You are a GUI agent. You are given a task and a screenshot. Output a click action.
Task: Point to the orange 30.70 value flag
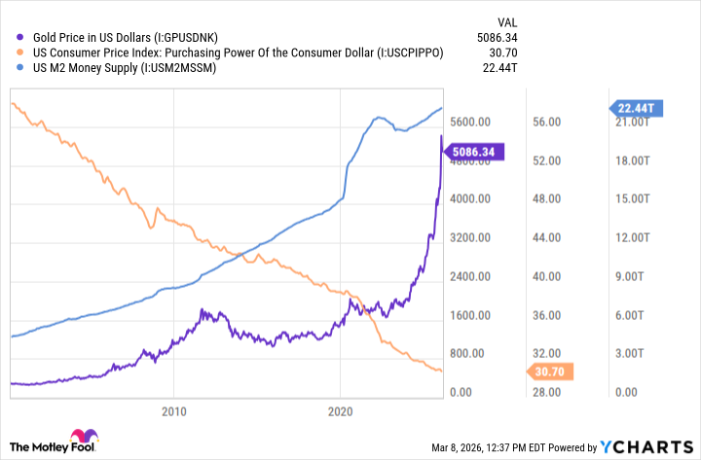[x=552, y=372]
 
